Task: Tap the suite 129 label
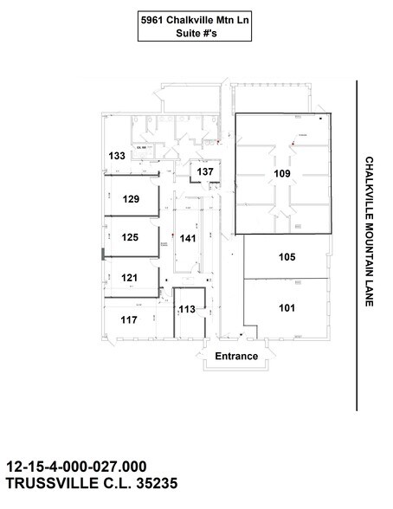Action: click(x=131, y=199)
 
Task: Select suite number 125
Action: click(x=131, y=236)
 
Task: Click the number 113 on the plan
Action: click(x=187, y=309)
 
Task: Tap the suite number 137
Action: click(x=205, y=172)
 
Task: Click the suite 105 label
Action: click(x=287, y=257)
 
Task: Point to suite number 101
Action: click(x=287, y=306)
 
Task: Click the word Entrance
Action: click(x=236, y=356)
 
